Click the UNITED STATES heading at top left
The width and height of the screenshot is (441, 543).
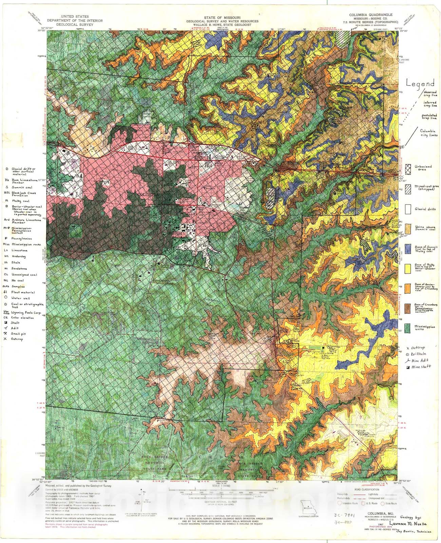(x=74, y=16)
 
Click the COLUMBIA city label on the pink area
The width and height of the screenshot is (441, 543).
(x=148, y=194)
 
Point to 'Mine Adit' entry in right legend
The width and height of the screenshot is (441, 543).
(x=419, y=361)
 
